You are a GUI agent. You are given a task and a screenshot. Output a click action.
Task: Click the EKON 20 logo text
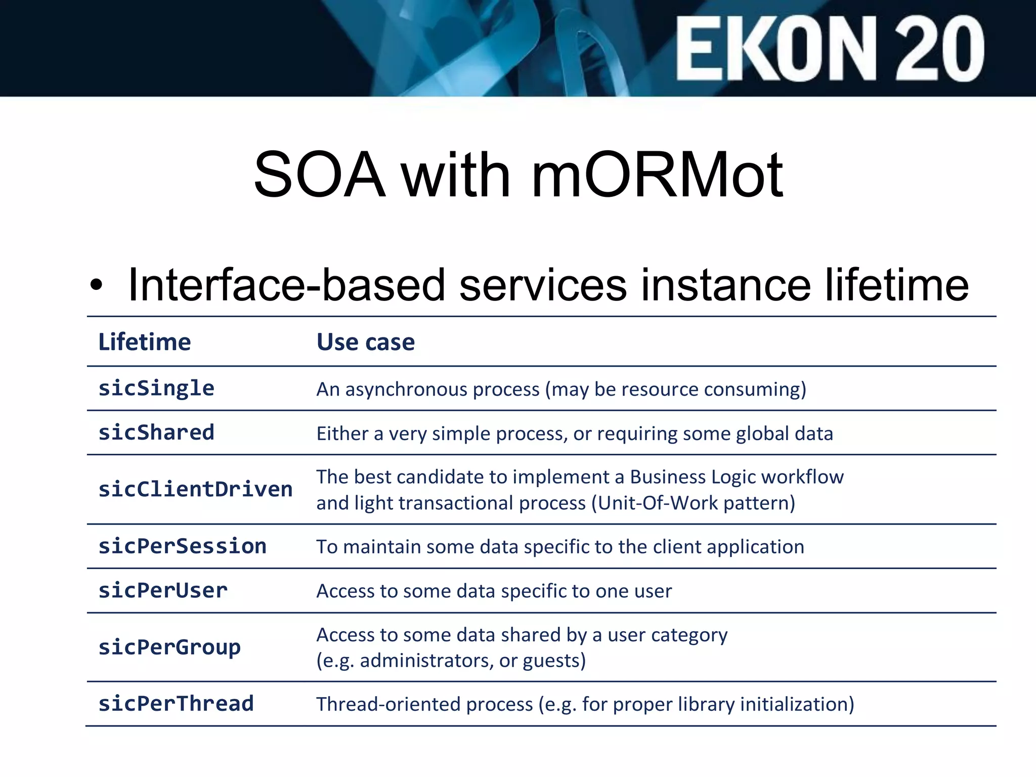pyautogui.click(x=830, y=49)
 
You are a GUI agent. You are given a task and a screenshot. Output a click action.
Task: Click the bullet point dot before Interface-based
pyautogui.click(x=96, y=285)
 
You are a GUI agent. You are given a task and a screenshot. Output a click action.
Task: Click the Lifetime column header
pyautogui.click(x=145, y=342)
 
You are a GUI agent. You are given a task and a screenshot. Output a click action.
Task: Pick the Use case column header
pyautogui.click(x=366, y=342)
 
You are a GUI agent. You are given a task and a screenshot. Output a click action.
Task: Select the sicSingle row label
pyautogui.click(x=156, y=388)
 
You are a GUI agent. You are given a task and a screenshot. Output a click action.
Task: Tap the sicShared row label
pyautogui.click(x=156, y=433)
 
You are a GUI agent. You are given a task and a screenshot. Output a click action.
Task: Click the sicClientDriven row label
pyautogui.click(x=195, y=490)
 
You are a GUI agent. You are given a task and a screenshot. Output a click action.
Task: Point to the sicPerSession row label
pyautogui.click(x=182, y=546)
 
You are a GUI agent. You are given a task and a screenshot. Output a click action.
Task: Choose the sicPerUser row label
pyautogui.click(x=163, y=591)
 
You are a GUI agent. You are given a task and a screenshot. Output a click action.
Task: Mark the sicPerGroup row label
pyautogui.click(x=169, y=647)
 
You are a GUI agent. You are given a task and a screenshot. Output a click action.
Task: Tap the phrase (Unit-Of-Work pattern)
pyautogui.click(x=696, y=503)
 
